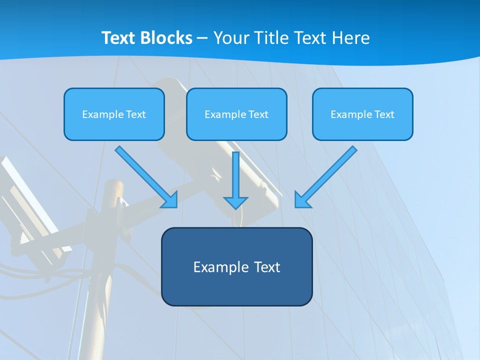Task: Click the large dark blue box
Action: (236, 287)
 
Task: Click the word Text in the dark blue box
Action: (267, 267)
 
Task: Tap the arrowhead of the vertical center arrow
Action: (235, 202)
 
